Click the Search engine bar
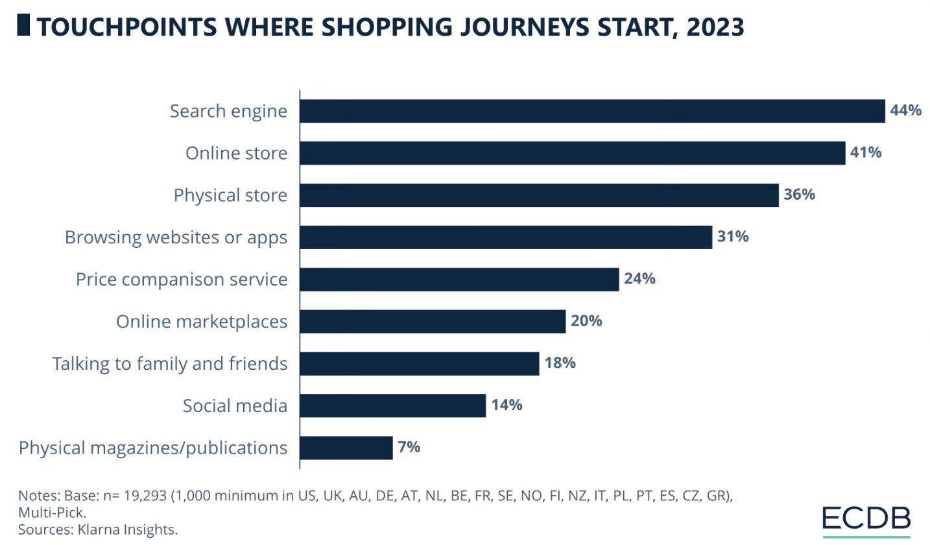pyautogui.click(x=592, y=111)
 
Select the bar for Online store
pyautogui.click(x=572, y=153)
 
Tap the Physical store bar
pyautogui.click(x=539, y=195)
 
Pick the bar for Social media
pyautogui.click(x=392, y=406)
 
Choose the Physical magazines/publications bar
pyautogui.click(x=346, y=448)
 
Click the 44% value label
pyautogui.click(x=905, y=110)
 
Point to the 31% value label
pyautogui.click(x=733, y=237)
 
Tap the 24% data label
pyautogui.click(x=639, y=279)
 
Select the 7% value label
pyautogui.click(x=409, y=447)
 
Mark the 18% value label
pyautogui.click(x=560, y=363)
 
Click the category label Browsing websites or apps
pyautogui.click(x=176, y=237)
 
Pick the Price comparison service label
pyautogui.click(x=182, y=280)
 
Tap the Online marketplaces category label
pyautogui.click(x=202, y=321)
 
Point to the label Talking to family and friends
pyautogui.click(x=170, y=363)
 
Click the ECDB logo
pyautogui.click(x=866, y=519)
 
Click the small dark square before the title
pyautogui.click(x=23, y=26)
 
